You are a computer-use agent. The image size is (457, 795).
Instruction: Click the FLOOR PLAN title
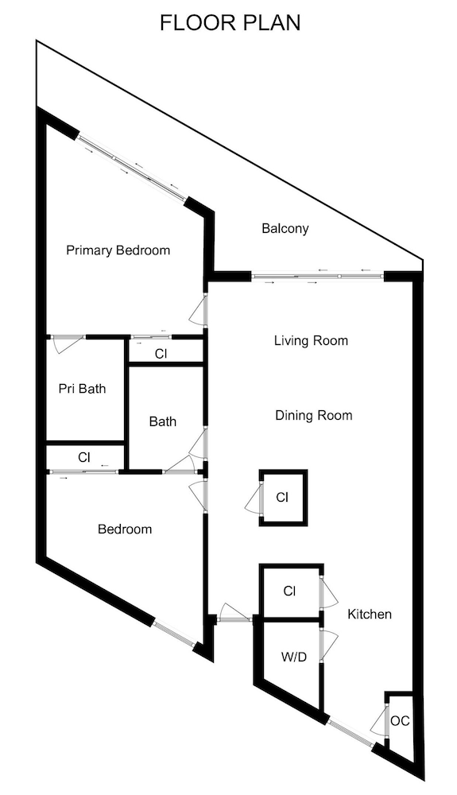pyautogui.click(x=230, y=23)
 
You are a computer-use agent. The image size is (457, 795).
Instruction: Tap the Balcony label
pyautogui.click(x=285, y=229)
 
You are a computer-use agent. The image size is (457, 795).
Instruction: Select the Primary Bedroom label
pyautogui.click(x=118, y=250)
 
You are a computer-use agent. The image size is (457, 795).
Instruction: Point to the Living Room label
pyautogui.click(x=311, y=340)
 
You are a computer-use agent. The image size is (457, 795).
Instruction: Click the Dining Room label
pyautogui.click(x=314, y=416)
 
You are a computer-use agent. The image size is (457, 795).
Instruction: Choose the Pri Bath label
pyautogui.click(x=82, y=389)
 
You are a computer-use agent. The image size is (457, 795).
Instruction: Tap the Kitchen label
pyautogui.click(x=370, y=615)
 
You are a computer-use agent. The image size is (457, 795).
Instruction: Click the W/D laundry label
pyautogui.click(x=294, y=657)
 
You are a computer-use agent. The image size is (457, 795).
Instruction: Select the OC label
pyautogui.click(x=401, y=720)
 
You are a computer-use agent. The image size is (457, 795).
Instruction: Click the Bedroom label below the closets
pyautogui.click(x=125, y=529)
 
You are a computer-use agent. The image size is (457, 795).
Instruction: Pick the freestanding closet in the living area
pyautogui.click(x=283, y=498)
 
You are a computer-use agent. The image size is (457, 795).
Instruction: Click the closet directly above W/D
pyautogui.click(x=290, y=591)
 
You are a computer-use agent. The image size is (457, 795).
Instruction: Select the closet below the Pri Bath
pyautogui.click(x=85, y=457)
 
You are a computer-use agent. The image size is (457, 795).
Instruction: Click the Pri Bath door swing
pyautogui.click(x=68, y=344)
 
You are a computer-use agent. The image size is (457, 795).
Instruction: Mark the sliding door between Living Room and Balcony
pyautogui.click(x=317, y=277)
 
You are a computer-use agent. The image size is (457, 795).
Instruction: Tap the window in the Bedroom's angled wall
pyautogui.click(x=173, y=634)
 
